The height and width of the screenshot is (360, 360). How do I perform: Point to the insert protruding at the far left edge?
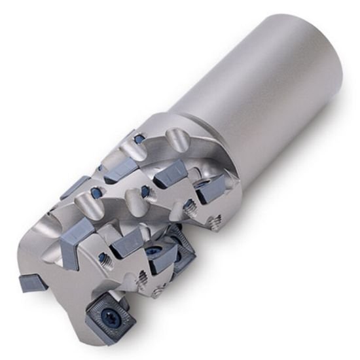31,283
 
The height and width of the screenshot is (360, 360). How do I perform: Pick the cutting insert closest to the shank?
212,189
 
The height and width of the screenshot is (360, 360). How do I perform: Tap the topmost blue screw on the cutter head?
140,139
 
